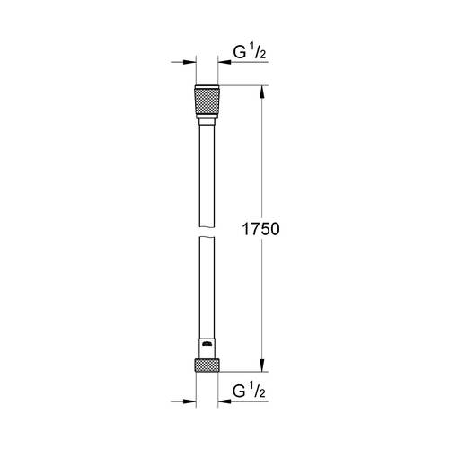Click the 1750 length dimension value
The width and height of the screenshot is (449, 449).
point(261,229)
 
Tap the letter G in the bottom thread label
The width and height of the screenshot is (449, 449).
point(239,392)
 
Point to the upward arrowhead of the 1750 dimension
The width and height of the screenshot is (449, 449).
point(262,91)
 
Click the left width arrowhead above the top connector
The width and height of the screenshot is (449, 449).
point(190,63)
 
